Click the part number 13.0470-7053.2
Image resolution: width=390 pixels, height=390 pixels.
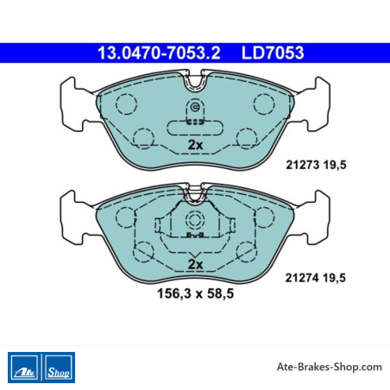pyautogui.click(x=159, y=53)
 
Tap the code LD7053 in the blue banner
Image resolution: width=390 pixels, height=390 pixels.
pyautogui.click(x=273, y=53)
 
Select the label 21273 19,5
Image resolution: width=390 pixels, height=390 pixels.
pyautogui.click(x=316, y=165)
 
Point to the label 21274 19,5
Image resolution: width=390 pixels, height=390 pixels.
pyautogui.click(x=315, y=278)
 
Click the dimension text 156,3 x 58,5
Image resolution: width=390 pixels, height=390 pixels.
pyautogui.click(x=195, y=293)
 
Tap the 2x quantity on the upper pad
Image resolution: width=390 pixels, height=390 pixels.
pyautogui.click(x=195, y=145)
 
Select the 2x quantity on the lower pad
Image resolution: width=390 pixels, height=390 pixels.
pyautogui.click(x=195, y=264)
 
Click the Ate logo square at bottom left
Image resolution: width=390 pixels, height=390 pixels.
pyautogui.click(x=24, y=368)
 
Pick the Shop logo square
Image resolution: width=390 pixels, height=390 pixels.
pyautogui.click(x=59, y=368)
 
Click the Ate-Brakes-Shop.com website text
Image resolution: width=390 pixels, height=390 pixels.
pyautogui.click(x=330, y=367)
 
